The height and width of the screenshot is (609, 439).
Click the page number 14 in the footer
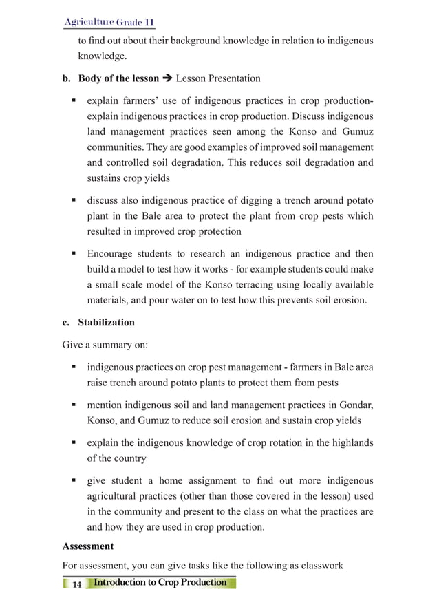[76, 584]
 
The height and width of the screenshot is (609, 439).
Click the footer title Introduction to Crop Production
[160, 583]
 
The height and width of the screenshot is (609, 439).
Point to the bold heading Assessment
[87, 546]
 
